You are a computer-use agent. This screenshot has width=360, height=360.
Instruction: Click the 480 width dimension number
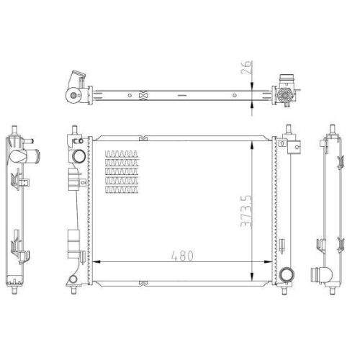click(182, 256)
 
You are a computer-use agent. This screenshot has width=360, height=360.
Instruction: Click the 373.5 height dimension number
click(246, 211)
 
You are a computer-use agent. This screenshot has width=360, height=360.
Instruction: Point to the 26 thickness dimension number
click(247, 67)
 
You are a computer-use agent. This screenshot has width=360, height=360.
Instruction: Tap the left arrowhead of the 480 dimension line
click(96, 262)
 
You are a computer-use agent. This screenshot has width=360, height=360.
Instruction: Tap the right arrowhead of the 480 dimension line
click(268, 262)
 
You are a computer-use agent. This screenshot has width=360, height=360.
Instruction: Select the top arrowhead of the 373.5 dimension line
click(252, 145)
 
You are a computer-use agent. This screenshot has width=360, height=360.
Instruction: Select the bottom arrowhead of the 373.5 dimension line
click(252, 276)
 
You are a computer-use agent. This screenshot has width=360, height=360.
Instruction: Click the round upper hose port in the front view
click(78, 156)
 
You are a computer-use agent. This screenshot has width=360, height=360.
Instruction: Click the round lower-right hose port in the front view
click(287, 274)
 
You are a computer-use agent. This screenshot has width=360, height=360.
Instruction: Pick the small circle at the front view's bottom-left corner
click(73, 279)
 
